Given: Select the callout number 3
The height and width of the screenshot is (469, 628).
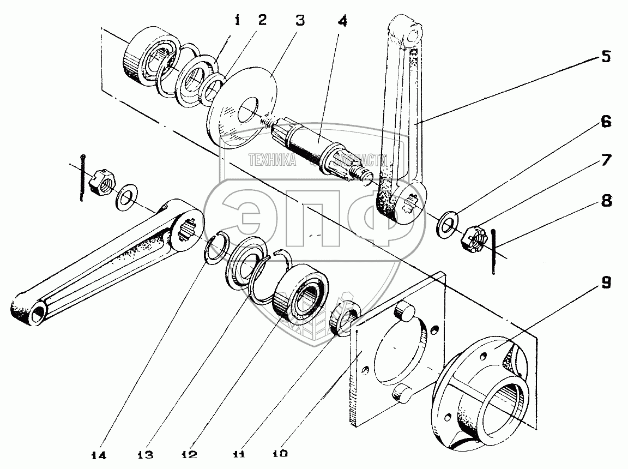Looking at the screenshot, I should pyautogui.click(x=298, y=21).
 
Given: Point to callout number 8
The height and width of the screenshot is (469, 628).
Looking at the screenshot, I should pyautogui.click(x=606, y=201).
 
